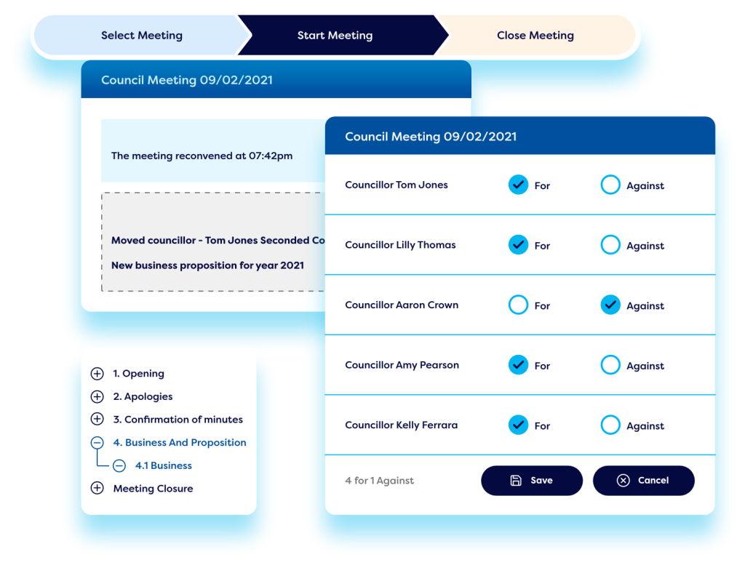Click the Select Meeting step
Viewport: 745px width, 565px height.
tap(142, 35)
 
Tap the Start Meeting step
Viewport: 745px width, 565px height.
tap(335, 35)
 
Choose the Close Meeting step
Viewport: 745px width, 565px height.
tap(535, 35)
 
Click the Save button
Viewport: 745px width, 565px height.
tap(532, 481)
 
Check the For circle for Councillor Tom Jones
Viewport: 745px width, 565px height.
tap(518, 185)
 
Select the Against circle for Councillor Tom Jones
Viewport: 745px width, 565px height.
tap(610, 185)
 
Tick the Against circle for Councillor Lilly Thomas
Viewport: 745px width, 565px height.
tap(610, 246)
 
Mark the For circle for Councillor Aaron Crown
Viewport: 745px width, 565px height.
tap(518, 305)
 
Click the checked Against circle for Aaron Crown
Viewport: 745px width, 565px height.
tap(610, 305)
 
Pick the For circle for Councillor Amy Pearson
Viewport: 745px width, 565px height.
tap(518, 365)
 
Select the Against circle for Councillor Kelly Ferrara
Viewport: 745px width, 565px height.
tap(610, 425)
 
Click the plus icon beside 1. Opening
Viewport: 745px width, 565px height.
tap(97, 374)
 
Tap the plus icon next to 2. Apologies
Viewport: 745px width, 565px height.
tap(97, 397)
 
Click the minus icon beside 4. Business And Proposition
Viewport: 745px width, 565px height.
tap(97, 443)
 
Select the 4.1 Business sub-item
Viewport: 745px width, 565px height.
tap(163, 465)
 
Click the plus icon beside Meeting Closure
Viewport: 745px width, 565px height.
tap(97, 489)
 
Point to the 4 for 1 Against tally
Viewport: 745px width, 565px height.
tap(380, 481)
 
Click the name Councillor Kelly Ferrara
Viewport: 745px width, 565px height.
tap(401, 425)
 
